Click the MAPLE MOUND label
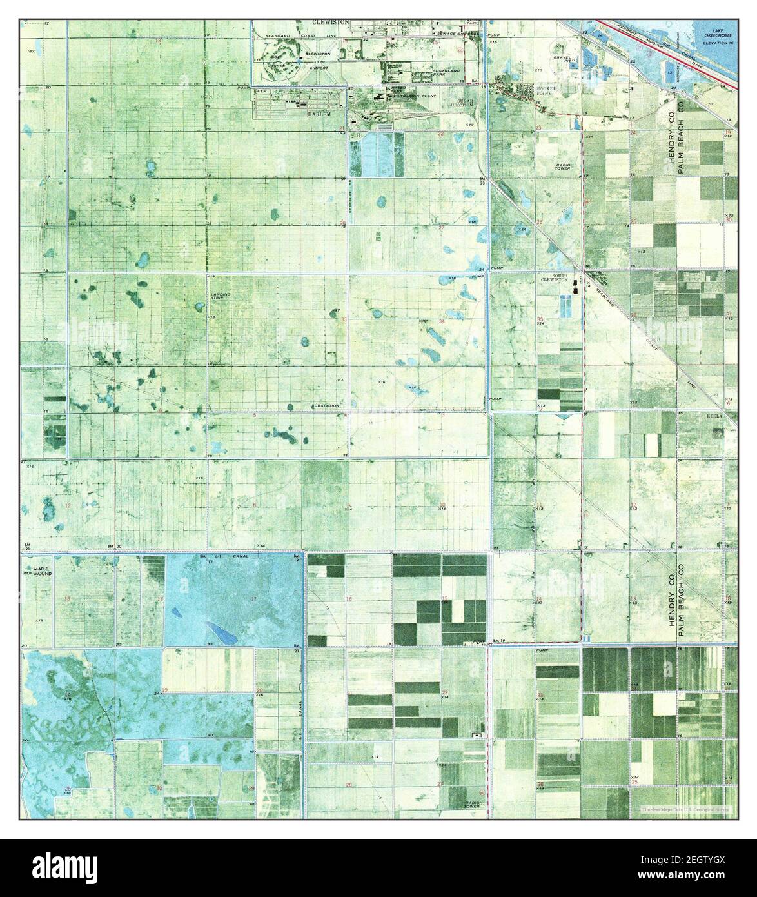(37, 571)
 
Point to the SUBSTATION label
(324, 405)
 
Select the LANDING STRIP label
(220, 296)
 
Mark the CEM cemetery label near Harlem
(262, 92)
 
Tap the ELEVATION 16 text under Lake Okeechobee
(718, 42)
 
